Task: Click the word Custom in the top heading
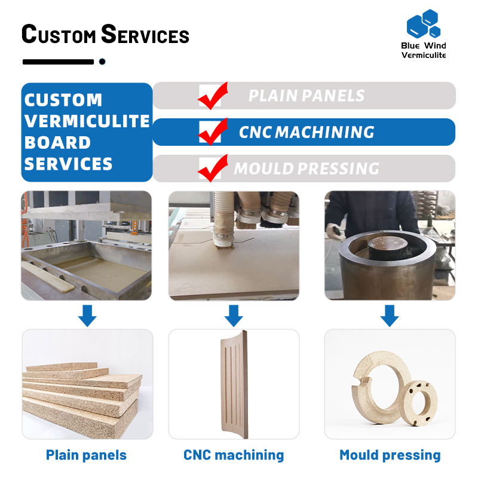tap(58, 34)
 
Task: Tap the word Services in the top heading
tap(145, 34)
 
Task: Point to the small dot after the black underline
tap(102, 61)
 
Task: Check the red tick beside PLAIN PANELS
tap(212, 96)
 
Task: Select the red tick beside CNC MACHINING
tap(212, 132)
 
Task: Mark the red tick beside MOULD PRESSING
tap(212, 168)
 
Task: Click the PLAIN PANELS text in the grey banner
tap(306, 96)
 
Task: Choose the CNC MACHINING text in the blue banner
tap(307, 132)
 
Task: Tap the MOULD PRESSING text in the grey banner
tap(306, 168)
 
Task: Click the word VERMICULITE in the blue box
tap(87, 121)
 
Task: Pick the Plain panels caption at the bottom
tap(86, 455)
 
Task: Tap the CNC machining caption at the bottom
tap(234, 455)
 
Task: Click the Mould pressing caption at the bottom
tap(390, 455)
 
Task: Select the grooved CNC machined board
tap(234, 382)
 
